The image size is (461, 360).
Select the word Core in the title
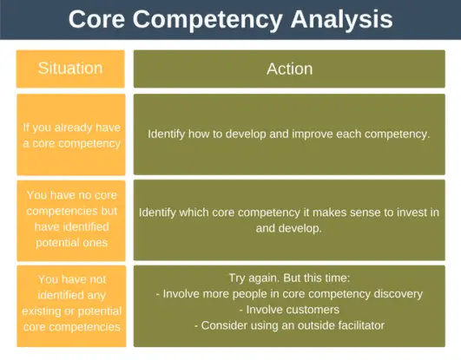(95, 19)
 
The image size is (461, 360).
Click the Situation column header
(70, 68)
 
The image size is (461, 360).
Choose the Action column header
(289, 68)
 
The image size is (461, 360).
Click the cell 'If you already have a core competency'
(70, 134)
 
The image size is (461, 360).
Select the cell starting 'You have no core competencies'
(70, 220)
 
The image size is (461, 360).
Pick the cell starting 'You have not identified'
(70, 305)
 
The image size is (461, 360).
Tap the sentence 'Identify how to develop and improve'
(289, 134)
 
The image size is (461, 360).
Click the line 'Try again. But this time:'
(289, 278)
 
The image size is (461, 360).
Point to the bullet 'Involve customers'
(289, 310)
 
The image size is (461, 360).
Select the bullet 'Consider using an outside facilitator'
(289, 325)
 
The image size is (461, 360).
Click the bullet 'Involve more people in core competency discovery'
(289, 294)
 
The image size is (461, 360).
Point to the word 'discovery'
(396, 294)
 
